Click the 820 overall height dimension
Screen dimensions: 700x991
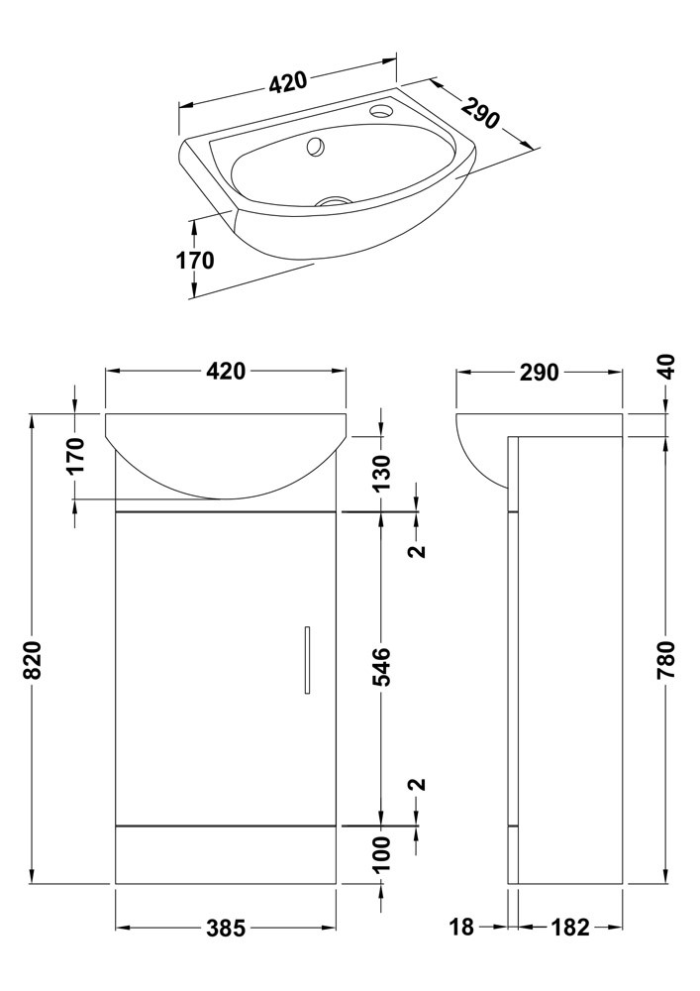[x=33, y=659]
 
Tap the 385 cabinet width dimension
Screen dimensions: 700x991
[x=226, y=928]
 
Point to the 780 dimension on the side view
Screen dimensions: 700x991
[x=666, y=659]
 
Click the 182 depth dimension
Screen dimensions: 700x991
[x=569, y=928]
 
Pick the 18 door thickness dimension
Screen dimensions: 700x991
[x=461, y=928]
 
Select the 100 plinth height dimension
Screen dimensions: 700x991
[x=382, y=853]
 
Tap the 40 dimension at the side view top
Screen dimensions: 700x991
[x=666, y=367]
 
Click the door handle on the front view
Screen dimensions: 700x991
[x=307, y=660]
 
